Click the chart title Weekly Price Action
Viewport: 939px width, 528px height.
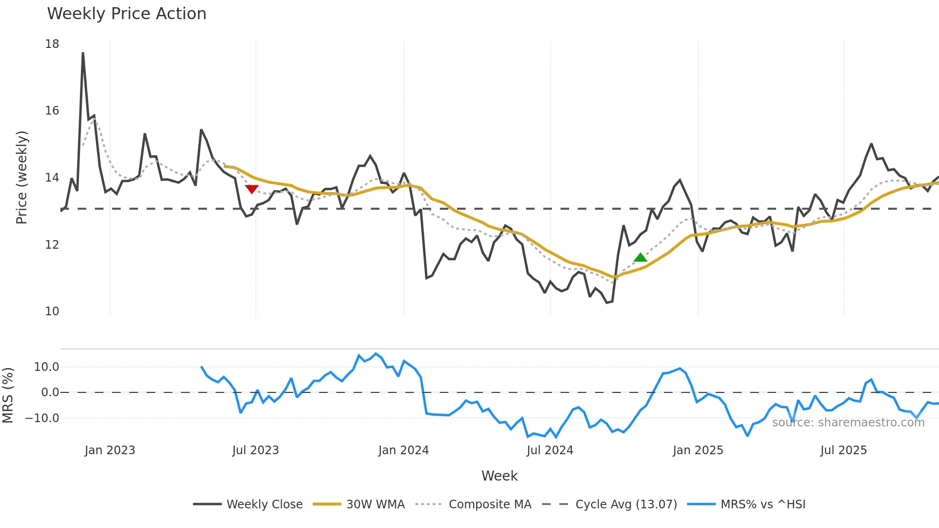pyautogui.click(x=126, y=14)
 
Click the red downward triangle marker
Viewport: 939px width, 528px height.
pyautogui.click(x=252, y=189)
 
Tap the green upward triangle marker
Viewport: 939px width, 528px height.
pyautogui.click(x=640, y=258)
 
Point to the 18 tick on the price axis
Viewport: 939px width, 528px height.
pyautogui.click(x=52, y=44)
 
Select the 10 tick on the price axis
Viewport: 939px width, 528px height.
pyautogui.click(x=52, y=311)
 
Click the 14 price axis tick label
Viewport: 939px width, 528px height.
pyautogui.click(x=52, y=178)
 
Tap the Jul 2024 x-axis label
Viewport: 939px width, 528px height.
pyautogui.click(x=550, y=450)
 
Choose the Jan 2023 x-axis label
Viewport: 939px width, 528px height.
pyautogui.click(x=110, y=450)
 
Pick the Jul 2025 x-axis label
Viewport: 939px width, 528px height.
pyautogui.click(x=843, y=450)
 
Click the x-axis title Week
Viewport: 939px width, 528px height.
pyautogui.click(x=499, y=476)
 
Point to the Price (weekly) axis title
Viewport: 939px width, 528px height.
pyautogui.click(x=22, y=177)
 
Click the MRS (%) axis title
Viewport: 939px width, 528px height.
pyautogui.click(x=8, y=395)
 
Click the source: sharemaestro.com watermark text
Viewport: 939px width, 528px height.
pyautogui.click(x=848, y=423)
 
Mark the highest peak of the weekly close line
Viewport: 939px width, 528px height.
pyautogui.click(x=83, y=53)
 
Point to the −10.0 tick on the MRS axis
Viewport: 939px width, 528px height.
pyautogui.click(x=42, y=418)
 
